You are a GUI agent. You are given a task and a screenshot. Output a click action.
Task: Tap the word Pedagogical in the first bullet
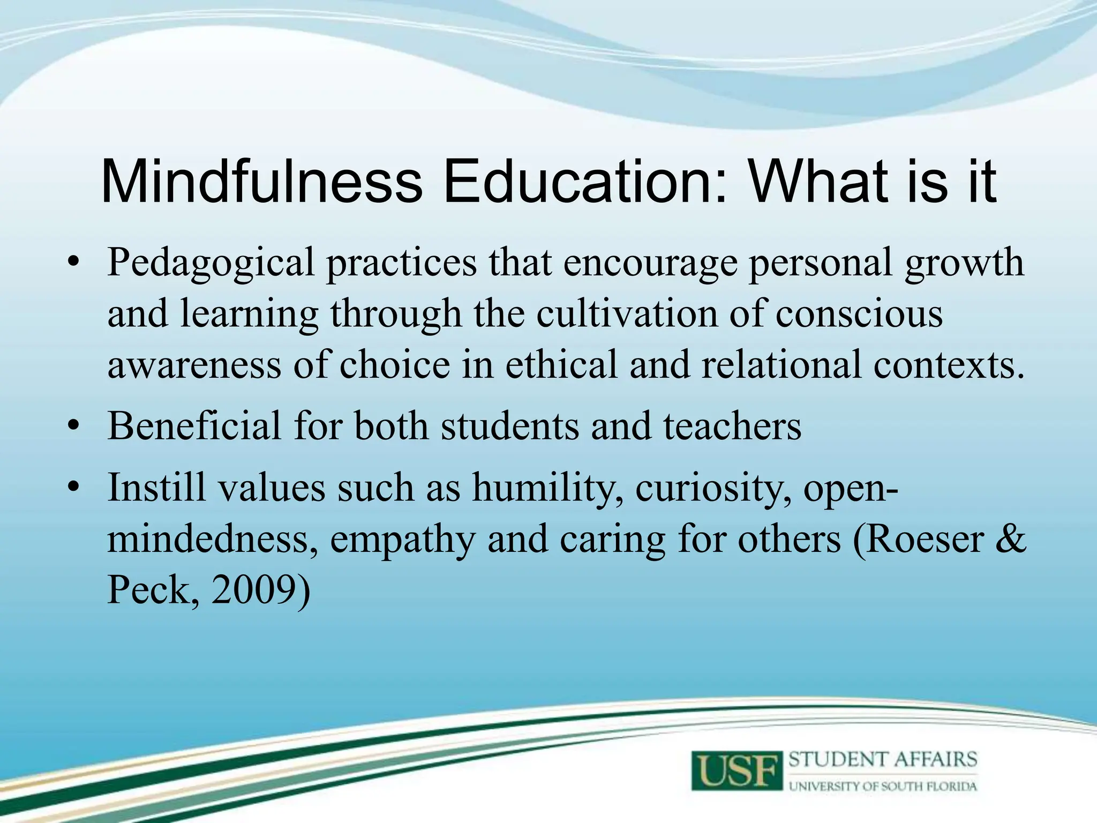coord(211,263)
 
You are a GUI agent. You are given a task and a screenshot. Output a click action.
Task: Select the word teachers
coord(732,426)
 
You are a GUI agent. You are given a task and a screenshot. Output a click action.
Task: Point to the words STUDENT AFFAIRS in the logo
coord(883,760)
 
